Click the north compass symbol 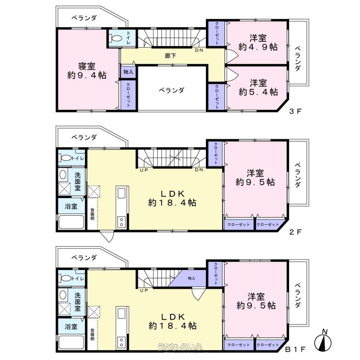point(323,340)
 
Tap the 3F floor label point(295,112)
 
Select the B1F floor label point(295,349)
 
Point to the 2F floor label point(295,232)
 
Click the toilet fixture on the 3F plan point(115,38)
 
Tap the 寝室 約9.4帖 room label point(87,71)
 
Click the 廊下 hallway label point(170,56)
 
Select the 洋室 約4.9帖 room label point(258,42)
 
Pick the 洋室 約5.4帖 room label point(258,87)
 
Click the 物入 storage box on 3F point(128,72)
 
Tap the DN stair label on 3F point(199,50)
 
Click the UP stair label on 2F point(144,170)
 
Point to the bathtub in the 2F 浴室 point(71,222)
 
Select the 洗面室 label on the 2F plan point(78,181)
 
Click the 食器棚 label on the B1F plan point(92,334)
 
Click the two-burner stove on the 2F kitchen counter point(121,222)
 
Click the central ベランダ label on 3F point(172,90)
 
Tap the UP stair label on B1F point(144,290)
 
